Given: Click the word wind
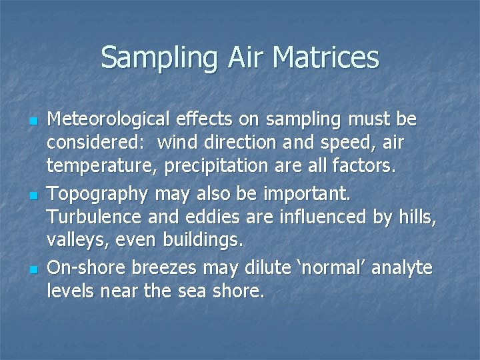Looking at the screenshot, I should click(x=177, y=142).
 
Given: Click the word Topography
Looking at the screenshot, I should click(x=99, y=195).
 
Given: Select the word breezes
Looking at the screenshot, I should click(x=164, y=268).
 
